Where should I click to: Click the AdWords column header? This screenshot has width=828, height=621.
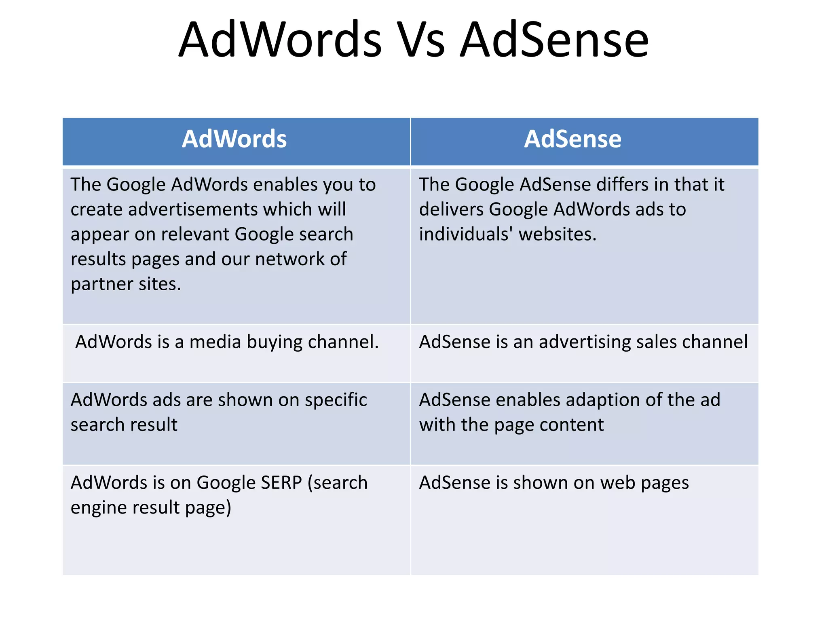234,139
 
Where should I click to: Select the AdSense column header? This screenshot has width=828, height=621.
572,139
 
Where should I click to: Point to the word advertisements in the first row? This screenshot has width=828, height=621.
192,210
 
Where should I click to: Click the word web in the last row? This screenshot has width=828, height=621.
617,483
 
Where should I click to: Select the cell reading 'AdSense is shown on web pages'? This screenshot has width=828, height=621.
584,520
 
